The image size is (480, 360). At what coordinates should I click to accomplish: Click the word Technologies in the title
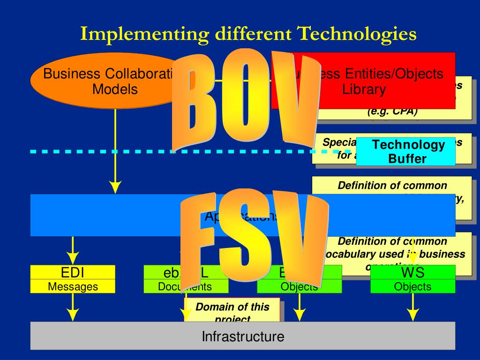click(x=356, y=34)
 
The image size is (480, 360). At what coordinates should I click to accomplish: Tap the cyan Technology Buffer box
click(x=406, y=151)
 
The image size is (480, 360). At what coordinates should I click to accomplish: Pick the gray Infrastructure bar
click(x=243, y=336)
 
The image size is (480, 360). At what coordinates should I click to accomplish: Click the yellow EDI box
click(x=73, y=272)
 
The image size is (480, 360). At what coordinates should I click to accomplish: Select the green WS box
click(x=412, y=272)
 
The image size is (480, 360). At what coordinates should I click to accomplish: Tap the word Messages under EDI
click(x=73, y=286)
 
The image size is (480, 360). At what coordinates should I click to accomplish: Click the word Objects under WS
click(x=412, y=286)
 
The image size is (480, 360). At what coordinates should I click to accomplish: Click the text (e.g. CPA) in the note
click(x=392, y=112)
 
